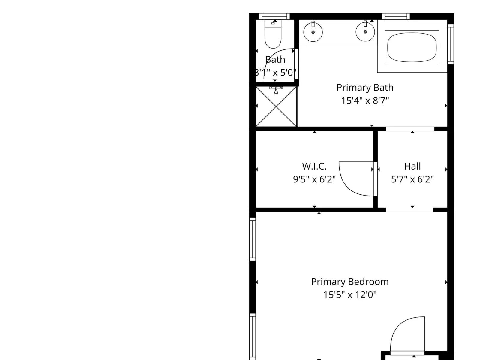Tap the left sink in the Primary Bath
click(x=313, y=32)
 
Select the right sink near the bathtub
click(x=365, y=31)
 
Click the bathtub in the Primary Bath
click(x=412, y=47)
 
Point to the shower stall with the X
click(x=276, y=106)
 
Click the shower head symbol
click(x=276, y=90)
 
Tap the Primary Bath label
click(x=365, y=87)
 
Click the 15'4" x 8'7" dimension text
click(x=365, y=100)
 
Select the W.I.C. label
click(x=314, y=166)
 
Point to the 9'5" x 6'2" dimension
click(x=314, y=179)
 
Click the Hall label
click(x=412, y=166)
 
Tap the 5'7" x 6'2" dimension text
click(x=412, y=179)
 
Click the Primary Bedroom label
click(x=350, y=282)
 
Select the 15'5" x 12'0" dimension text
click(x=350, y=295)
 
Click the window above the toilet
click(x=274, y=16)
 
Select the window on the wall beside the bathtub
click(x=451, y=44)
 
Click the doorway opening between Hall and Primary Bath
click(x=410, y=129)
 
